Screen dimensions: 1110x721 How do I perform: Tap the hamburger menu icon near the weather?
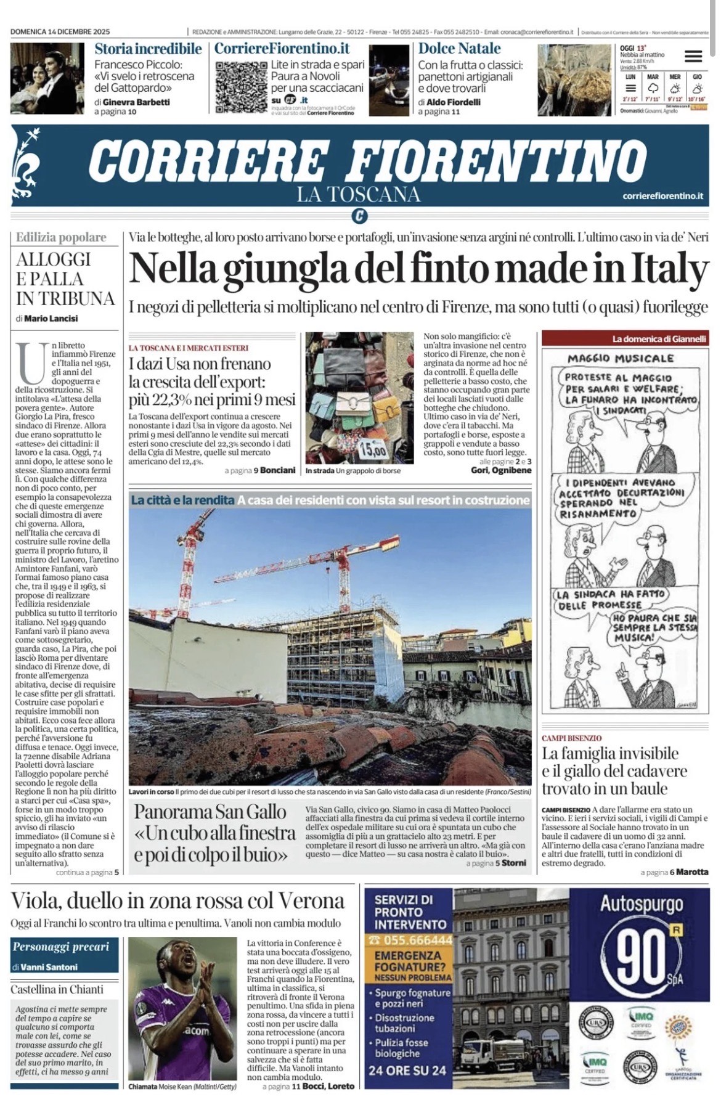pos(693,57)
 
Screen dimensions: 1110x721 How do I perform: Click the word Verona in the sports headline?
pos(311,901)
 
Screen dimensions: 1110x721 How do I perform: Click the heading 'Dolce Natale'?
pos(459,49)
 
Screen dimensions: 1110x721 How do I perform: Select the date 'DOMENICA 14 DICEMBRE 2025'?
pos(60,31)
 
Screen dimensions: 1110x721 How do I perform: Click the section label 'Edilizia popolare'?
pos(61,237)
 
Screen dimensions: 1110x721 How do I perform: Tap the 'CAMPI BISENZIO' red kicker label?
pos(571,738)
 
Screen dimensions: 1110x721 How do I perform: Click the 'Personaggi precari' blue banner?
pos(61,947)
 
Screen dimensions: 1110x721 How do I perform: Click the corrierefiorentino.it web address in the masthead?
pos(662,196)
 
